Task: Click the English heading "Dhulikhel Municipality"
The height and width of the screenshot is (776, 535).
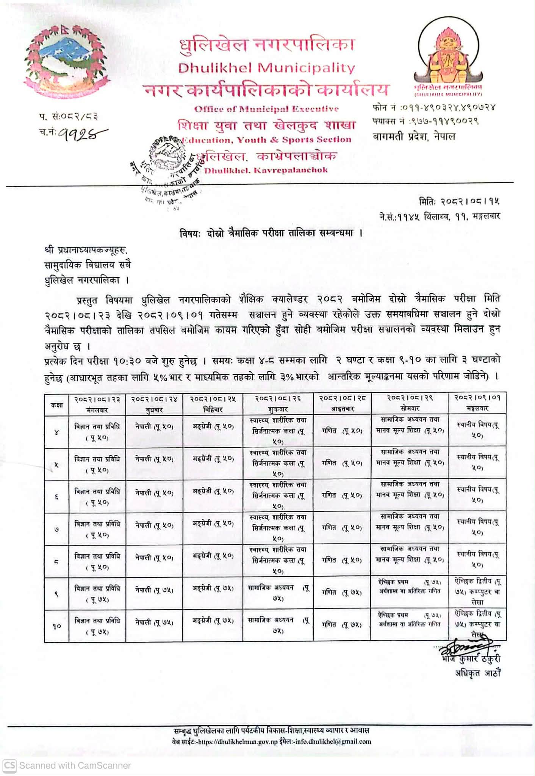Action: click(266, 68)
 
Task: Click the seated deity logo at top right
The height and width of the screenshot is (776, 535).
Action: click(448, 57)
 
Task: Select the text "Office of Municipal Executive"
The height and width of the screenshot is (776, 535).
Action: click(266, 109)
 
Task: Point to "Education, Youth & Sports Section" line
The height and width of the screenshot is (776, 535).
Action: click(266, 140)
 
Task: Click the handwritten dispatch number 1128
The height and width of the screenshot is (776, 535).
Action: click(81, 133)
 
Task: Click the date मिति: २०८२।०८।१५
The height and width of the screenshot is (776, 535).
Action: click(459, 201)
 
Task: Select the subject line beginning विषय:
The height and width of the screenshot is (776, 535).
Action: click(271, 233)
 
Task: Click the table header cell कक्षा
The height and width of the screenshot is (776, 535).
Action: click(56, 405)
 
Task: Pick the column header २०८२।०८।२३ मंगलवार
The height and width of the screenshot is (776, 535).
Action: click(97, 404)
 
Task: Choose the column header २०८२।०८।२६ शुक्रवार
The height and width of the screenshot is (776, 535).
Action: click(278, 404)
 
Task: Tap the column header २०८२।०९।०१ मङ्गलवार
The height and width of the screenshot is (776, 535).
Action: click(477, 403)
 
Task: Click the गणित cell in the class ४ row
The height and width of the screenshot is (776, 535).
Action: click(342, 431)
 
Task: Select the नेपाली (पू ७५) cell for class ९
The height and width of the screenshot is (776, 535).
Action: click(154, 590)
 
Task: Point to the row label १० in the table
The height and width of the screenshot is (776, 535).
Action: click(56, 627)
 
